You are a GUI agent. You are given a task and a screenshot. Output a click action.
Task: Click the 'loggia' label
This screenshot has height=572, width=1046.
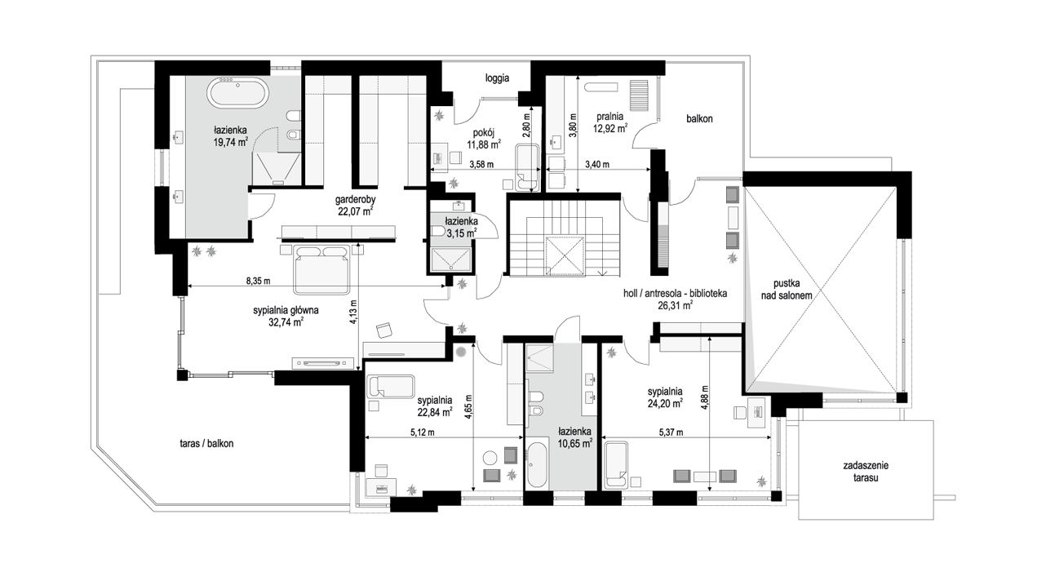[x=497, y=78]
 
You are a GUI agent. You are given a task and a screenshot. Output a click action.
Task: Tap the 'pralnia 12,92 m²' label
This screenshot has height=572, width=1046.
[x=609, y=122]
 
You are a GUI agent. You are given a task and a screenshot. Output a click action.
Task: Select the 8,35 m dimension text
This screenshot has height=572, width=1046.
[x=258, y=281]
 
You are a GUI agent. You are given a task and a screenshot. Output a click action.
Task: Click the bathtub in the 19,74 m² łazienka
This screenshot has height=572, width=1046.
[x=238, y=93]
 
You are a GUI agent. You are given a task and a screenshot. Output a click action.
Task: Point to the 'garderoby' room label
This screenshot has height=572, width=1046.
[x=356, y=200]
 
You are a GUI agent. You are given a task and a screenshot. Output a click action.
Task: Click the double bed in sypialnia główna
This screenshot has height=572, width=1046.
[x=321, y=269]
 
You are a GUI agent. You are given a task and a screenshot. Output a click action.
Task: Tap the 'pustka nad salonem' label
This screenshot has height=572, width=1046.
[x=787, y=289]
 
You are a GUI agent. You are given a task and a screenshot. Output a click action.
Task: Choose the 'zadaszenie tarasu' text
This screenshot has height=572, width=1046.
[x=866, y=471]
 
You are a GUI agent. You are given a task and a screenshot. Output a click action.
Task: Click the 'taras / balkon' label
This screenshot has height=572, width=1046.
[x=206, y=444]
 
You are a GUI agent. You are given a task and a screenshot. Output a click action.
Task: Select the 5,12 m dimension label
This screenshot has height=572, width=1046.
[x=422, y=432]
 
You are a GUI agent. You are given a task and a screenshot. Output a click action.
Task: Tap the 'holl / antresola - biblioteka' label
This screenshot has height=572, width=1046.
[x=676, y=294]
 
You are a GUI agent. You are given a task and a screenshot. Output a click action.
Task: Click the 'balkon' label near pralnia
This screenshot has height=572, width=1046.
[x=699, y=119]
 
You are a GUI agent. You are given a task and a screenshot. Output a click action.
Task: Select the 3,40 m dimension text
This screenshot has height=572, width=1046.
[x=597, y=164]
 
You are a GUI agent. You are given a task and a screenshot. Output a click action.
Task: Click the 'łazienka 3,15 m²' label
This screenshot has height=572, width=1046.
[x=461, y=227]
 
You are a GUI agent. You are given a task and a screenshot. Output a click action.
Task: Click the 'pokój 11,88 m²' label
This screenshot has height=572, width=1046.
[x=484, y=139]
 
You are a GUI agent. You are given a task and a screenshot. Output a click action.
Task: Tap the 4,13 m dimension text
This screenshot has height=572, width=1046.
[x=353, y=312]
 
